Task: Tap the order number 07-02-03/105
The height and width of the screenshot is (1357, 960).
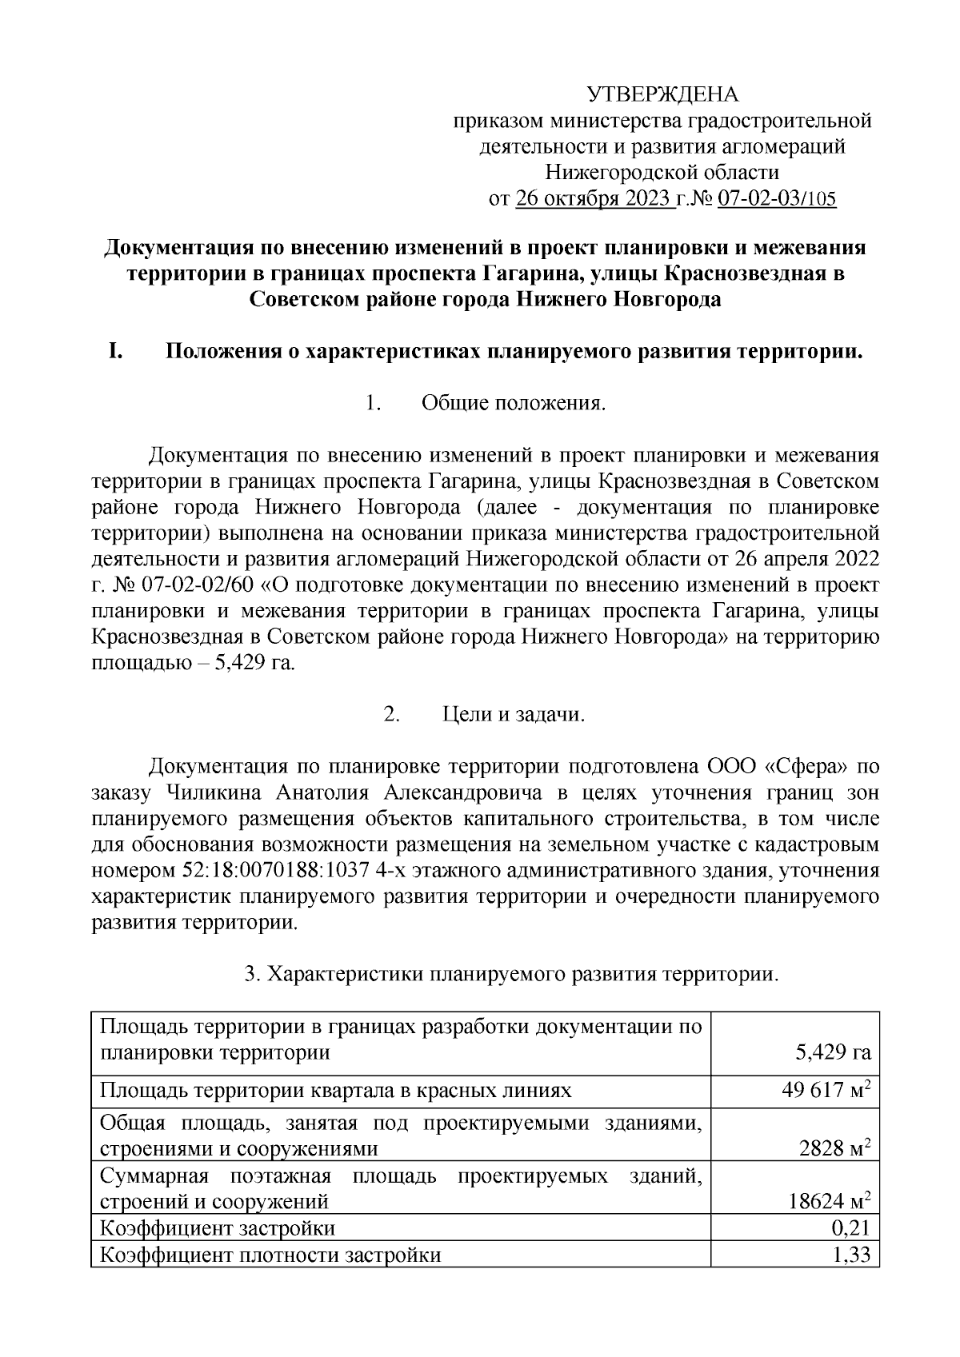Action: click(x=777, y=198)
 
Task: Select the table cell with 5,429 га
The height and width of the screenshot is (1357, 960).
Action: click(x=833, y=1052)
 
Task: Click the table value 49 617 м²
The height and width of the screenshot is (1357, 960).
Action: click(x=825, y=1091)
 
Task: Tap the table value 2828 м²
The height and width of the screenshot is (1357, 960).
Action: click(x=834, y=1148)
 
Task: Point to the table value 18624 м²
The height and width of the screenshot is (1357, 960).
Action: click(x=829, y=1201)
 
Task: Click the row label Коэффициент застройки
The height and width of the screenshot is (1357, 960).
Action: click(x=217, y=1228)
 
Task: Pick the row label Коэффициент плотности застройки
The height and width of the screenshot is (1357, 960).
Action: click(x=270, y=1255)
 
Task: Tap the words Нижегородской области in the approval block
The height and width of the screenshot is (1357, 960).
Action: click(x=662, y=173)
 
